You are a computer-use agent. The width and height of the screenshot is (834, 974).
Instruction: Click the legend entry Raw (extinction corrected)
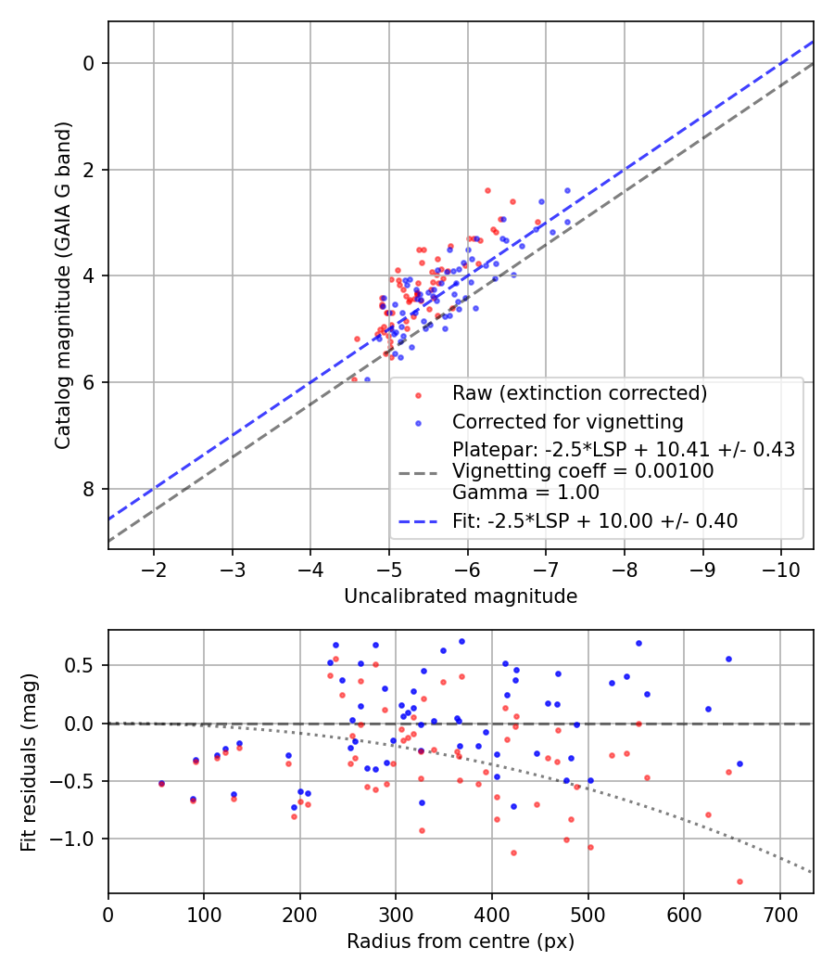pos(579,393)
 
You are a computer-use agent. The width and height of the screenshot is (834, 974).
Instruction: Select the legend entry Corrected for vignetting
pos(567,423)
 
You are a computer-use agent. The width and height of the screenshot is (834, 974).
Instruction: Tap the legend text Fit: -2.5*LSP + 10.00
pos(595,521)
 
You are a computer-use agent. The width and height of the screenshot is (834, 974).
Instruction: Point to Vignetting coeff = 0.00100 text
pos(583,471)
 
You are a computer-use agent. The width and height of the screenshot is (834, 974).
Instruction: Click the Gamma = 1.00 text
pos(525,493)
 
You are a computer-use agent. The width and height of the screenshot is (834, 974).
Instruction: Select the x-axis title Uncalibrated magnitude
pos(461,596)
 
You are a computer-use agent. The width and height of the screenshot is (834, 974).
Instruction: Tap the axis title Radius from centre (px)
pos(461,942)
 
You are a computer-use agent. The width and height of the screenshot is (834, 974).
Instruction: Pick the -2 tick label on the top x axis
pos(154,569)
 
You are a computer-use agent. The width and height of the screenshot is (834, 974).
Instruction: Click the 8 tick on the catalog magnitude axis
pos(90,489)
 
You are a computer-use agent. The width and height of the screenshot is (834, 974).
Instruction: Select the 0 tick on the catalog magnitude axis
pos(90,63)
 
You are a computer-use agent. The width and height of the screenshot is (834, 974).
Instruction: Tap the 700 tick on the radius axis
pos(780,914)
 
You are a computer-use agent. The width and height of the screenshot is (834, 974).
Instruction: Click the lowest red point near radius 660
pos(739,881)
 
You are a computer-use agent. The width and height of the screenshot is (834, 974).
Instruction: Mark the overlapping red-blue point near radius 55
pos(161,783)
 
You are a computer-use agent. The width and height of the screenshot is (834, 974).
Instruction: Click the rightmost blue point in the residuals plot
pos(739,763)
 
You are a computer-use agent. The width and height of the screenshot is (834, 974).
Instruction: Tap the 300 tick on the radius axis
pos(396,914)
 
